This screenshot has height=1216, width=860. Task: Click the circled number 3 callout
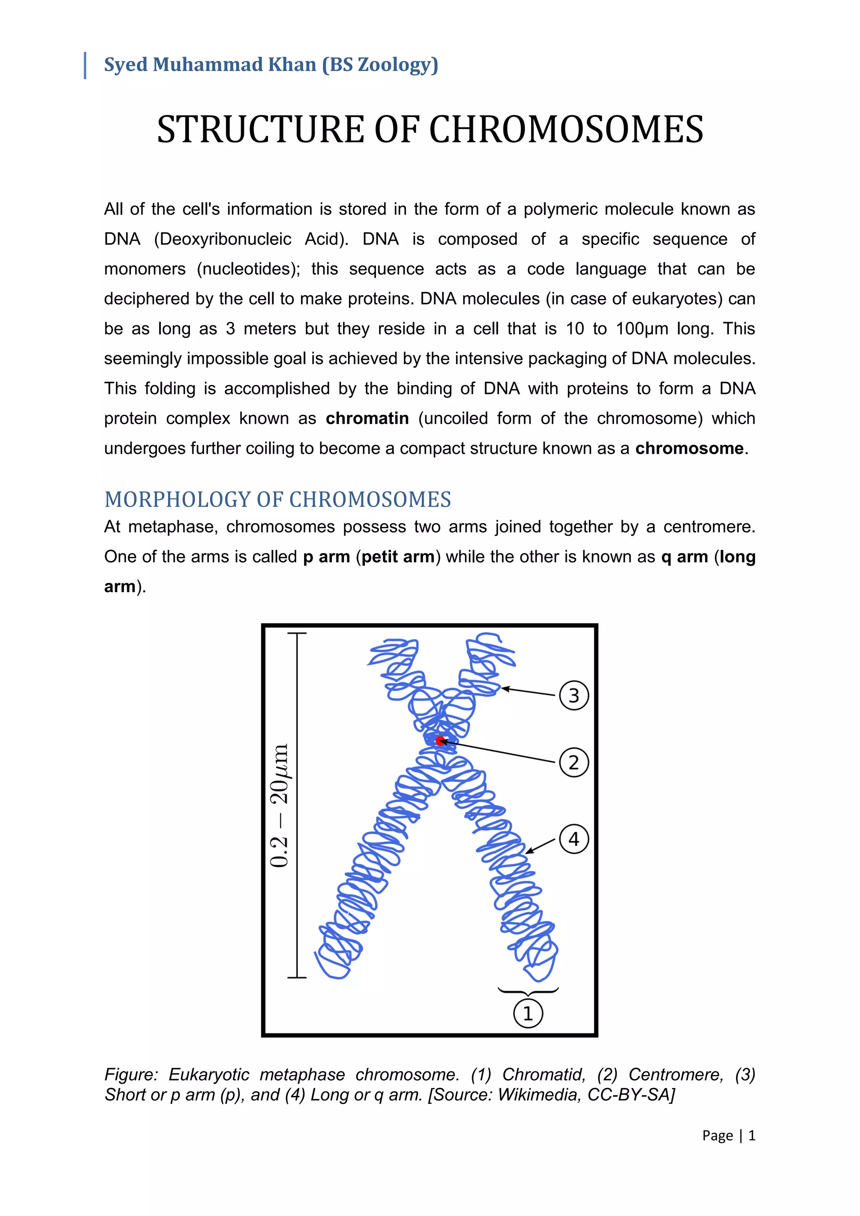pyautogui.click(x=574, y=695)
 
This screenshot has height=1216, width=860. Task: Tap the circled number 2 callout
pyautogui.click(x=574, y=763)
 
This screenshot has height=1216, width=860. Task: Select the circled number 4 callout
pyautogui.click(x=574, y=839)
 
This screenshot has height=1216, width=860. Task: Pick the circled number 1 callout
pyautogui.click(x=528, y=1013)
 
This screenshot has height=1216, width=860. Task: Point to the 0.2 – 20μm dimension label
pyautogui.click(x=280, y=805)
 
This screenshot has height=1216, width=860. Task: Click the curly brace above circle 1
pyautogui.click(x=528, y=990)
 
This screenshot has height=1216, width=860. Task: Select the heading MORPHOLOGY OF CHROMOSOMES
pyautogui.click(x=278, y=499)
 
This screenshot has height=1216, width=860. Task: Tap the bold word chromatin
pyautogui.click(x=367, y=418)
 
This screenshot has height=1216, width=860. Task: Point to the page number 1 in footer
pyautogui.click(x=751, y=1135)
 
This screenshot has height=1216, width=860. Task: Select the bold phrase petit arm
pyautogui.click(x=398, y=557)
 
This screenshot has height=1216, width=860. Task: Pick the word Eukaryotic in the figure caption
pyautogui.click(x=209, y=1074)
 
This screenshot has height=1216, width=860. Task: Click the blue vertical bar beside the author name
pyautogui.click(x=85, y=65)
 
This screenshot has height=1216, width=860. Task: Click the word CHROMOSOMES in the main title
pyautogui.click(x=566, y=130)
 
